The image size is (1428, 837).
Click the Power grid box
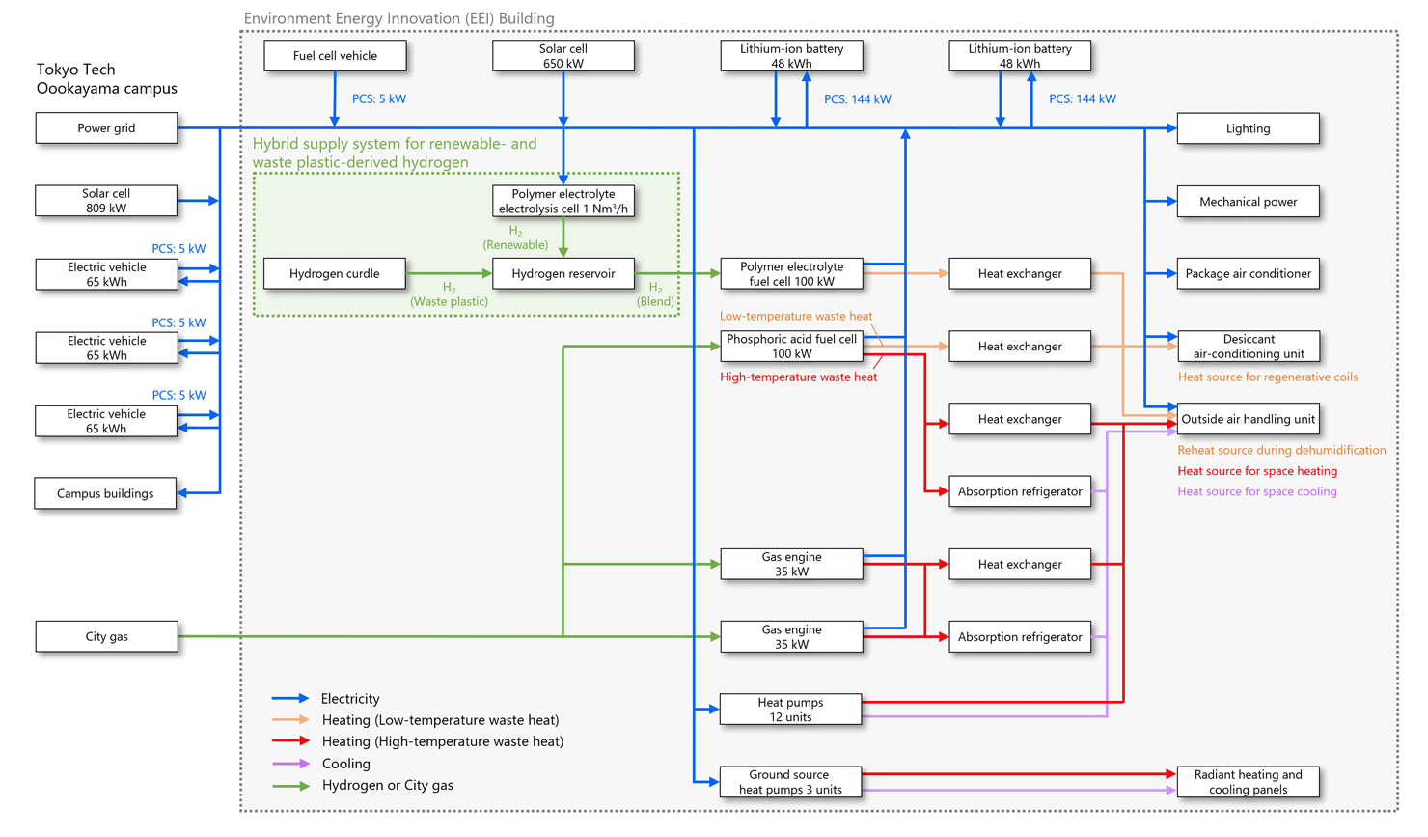106,128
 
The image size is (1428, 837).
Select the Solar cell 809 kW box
106,201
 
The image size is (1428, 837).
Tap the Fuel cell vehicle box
335,56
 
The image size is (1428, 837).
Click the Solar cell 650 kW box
563,56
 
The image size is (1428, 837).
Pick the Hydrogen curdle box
335,274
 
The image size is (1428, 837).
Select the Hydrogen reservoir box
563,274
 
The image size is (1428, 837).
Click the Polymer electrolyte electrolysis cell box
563,201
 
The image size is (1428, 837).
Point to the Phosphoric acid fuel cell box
791,347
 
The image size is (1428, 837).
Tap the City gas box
106,637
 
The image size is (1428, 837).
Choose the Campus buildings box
105,493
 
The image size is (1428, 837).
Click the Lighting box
1248,128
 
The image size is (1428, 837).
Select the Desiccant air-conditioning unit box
1248,347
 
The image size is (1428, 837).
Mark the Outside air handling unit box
1248,419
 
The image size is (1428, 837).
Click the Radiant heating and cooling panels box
1248,782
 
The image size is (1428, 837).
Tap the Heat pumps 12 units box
790,710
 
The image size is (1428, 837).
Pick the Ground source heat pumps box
790,782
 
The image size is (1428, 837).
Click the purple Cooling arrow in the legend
290,764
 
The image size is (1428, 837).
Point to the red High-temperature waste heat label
798,377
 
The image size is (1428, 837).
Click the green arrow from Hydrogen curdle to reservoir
449,274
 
